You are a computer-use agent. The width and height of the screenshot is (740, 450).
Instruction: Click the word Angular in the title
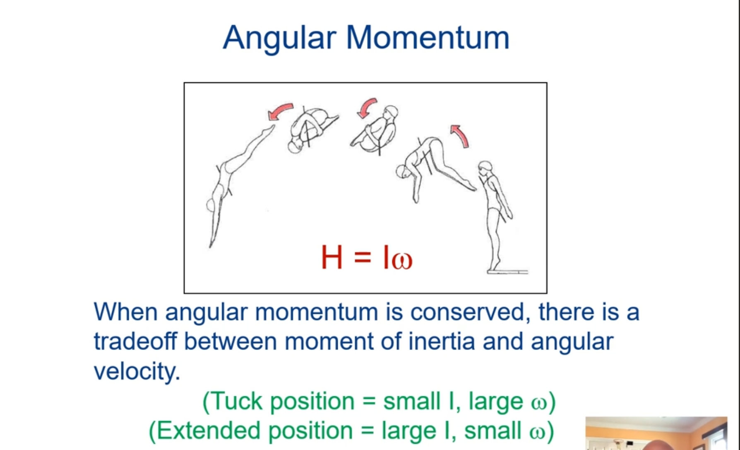279,38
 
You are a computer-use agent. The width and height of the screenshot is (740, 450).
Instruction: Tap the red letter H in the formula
332,257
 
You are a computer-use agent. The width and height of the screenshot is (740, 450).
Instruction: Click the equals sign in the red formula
363,257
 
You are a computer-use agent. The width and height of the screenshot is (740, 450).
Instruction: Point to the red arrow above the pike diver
461,136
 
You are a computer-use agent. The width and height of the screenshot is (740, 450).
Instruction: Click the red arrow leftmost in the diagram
280,110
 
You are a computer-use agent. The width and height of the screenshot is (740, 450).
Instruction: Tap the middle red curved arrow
367,108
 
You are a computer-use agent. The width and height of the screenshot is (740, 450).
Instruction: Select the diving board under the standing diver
508,272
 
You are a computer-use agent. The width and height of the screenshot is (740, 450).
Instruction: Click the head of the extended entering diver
211,205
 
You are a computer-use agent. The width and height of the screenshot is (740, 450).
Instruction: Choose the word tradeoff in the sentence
135,341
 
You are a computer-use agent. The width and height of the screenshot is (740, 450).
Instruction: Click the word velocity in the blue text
137,371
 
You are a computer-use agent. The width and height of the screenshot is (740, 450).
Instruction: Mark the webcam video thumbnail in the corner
656,433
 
